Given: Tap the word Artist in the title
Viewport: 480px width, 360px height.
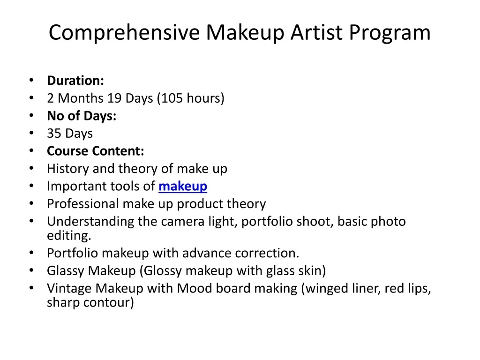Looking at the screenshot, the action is point(316,32).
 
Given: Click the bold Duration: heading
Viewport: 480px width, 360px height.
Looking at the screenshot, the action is point(75,81).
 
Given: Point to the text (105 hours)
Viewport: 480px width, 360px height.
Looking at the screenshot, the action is point(191,98).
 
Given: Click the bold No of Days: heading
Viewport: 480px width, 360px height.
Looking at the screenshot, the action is point(82,116).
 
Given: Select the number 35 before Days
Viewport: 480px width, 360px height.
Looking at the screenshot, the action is point(54,134).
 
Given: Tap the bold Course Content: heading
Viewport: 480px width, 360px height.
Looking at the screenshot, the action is point(96,151).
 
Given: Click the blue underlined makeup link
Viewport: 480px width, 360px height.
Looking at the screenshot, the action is point(183,187).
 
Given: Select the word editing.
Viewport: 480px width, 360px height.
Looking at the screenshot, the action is point(69,236).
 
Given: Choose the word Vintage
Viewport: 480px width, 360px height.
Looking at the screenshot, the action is point(69,289).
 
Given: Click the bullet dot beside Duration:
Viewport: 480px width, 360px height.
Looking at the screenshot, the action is point(31,80).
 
